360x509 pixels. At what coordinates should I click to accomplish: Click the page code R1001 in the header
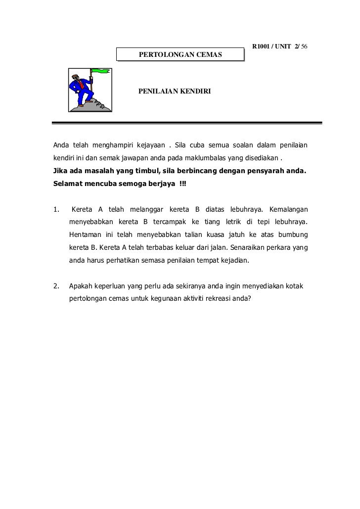click(262, 46)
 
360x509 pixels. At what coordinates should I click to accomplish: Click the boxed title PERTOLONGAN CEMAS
click(180, 53)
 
